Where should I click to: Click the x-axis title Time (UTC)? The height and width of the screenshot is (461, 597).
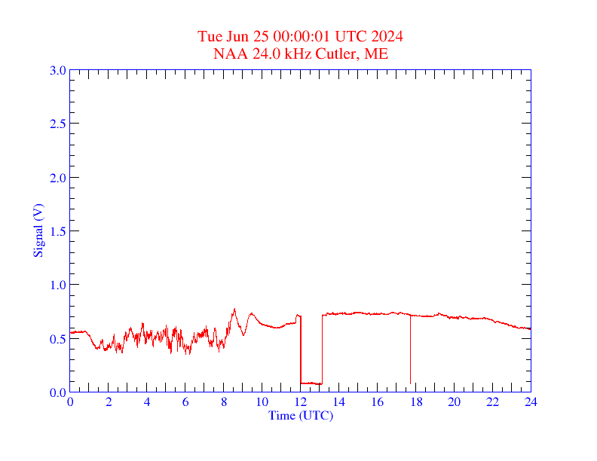300,415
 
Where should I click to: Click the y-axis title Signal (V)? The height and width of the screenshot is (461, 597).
38,230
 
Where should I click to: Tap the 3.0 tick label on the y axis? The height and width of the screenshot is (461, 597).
57,70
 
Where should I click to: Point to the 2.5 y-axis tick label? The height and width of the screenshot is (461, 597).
57,124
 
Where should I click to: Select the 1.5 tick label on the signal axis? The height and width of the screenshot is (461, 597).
57,231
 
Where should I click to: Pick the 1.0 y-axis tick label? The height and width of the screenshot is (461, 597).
57,285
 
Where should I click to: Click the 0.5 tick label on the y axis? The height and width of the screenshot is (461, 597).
57,338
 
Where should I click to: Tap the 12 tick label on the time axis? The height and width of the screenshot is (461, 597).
300,401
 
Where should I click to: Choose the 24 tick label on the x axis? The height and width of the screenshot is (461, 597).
531,401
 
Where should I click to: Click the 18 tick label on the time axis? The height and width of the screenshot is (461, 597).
415,401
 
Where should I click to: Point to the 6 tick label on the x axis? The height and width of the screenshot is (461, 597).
185,401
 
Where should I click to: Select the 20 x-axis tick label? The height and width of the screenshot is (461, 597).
454,401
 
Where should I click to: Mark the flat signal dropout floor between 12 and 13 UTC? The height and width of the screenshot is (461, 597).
311,383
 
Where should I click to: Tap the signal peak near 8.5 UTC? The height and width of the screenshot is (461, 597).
234,310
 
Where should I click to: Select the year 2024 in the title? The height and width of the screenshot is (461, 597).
387,36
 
